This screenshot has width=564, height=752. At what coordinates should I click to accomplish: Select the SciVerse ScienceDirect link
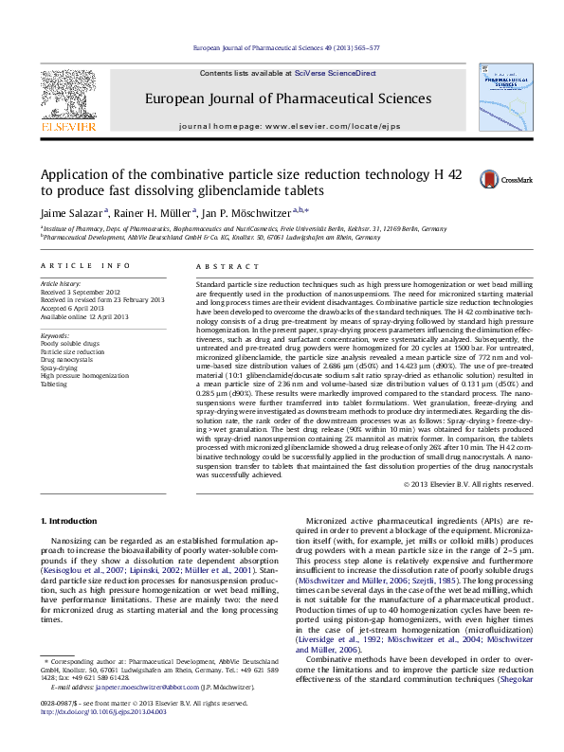pyautogui.click(x=335, y=73)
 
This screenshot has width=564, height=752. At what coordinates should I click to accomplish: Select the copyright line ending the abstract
pyautogui.click(x=468, y=484)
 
